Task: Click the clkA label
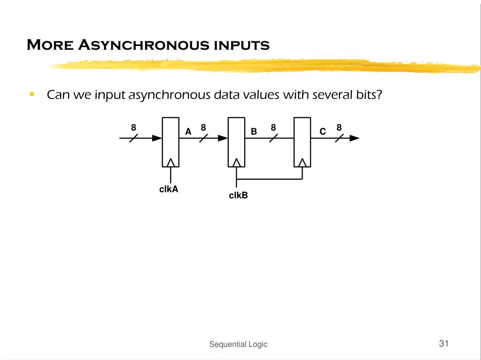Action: pos(169,190)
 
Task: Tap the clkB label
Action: pos(238,195)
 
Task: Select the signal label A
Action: pos(188,132)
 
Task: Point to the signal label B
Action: pos(254,132)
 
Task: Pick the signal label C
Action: pos(323,132)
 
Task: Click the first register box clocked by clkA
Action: pos(171,141)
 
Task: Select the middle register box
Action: pos(236,141)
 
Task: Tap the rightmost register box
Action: pos(303,141)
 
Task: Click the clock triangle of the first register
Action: pos(171,162)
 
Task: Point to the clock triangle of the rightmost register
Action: pos(303,162)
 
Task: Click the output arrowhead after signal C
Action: pos(355,138)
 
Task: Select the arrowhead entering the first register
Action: pos(157,138)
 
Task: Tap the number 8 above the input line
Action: pos(133,128)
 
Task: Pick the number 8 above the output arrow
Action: pos(339,128)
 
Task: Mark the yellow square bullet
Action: pos(32,94)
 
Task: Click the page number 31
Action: pos(444,343)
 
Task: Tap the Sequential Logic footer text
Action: pos(238,344)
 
